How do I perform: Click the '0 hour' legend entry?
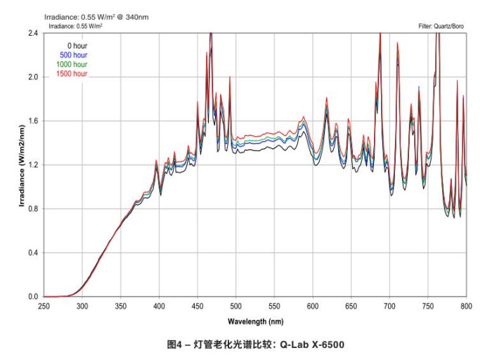click(67, 46)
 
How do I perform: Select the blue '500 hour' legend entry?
click(72, 55)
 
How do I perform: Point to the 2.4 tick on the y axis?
click(32, 33)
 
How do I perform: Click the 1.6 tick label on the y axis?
click(32, 121)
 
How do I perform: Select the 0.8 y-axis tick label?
click(32, 209)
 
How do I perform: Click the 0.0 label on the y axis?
click(32, 297)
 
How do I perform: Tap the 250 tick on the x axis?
click(44, 307)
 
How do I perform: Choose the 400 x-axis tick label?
click(159, 307)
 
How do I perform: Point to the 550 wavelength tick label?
click(274, 307)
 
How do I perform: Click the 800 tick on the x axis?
click(466, 307)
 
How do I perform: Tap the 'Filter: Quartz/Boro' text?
click(441, 26)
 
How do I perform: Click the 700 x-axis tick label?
click(389, 307)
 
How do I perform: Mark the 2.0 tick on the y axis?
click(32, 77)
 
